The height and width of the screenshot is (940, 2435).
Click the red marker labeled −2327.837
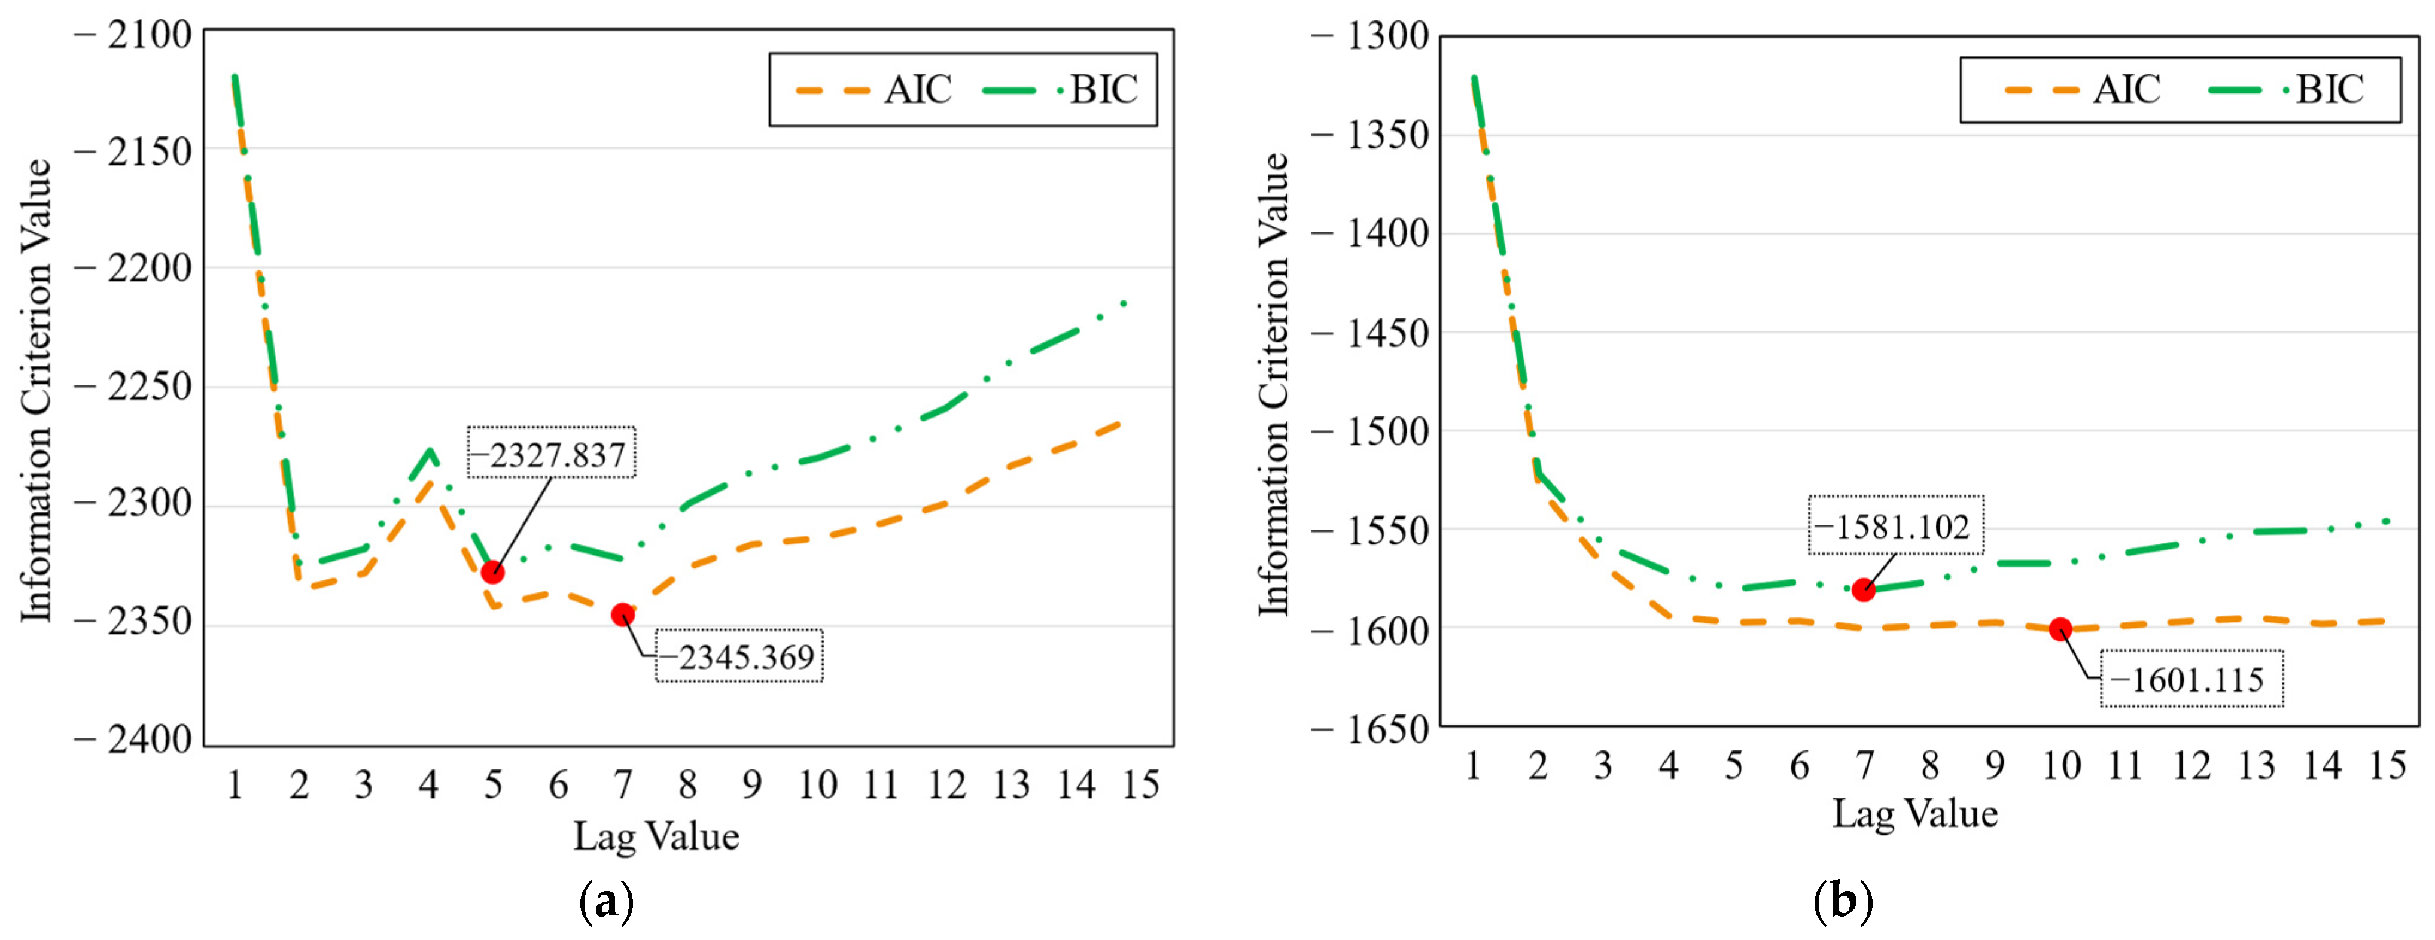492,572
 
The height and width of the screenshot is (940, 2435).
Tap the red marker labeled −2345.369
622,615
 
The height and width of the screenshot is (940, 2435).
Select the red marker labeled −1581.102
1863,590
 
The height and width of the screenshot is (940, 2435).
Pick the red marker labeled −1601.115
2060,629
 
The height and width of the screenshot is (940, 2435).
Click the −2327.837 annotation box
551,453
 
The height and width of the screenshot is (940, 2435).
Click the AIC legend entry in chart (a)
874,90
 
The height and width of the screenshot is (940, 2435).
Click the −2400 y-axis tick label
135,738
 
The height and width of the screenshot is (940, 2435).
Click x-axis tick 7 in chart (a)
622,784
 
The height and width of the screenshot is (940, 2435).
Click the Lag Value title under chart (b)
1915,813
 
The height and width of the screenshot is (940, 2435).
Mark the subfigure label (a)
606,901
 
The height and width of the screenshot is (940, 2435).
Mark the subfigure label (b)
1842,901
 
